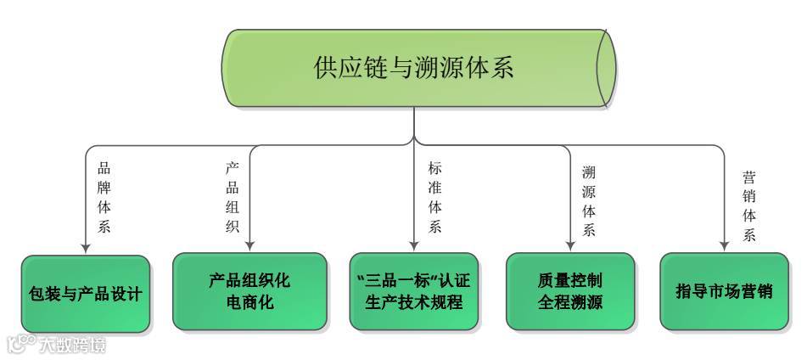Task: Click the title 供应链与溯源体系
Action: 413,68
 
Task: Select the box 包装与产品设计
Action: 85,294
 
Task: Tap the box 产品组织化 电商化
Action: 249,291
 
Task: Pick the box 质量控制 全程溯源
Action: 570,291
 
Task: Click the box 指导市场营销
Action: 724,291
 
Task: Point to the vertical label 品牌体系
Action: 104,197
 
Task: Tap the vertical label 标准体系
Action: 434,197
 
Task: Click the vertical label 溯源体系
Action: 588,201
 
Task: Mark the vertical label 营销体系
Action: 748,206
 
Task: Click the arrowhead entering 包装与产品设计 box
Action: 86,248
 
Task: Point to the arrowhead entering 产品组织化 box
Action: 249,247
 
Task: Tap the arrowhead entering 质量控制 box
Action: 570,247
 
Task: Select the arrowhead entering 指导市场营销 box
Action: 724,247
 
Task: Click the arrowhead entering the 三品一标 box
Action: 413,247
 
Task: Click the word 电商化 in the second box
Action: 249,302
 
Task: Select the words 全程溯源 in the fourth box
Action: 570,302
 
